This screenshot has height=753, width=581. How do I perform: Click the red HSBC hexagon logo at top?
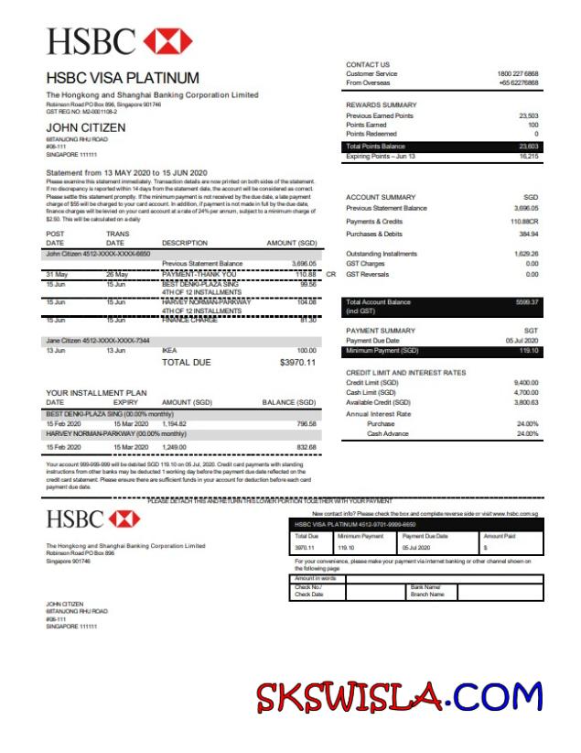pos(167,40)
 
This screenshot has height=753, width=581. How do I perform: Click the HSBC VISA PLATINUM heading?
pos(123,78)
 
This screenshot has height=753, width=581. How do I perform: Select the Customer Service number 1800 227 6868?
pos(518,73)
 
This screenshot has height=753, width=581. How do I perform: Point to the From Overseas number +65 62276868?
pos(519,82)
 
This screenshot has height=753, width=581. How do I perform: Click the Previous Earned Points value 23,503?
pos(528,116)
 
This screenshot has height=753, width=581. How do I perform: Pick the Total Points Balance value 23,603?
pos(528,147)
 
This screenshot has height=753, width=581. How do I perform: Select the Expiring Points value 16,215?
pos(528,157)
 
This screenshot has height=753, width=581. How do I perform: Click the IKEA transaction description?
pos(169,351)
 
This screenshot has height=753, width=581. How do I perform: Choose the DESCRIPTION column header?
pos(185,243)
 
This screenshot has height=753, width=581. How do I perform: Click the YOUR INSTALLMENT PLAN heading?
pos(96,393)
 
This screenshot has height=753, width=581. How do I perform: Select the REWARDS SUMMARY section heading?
pos(381,105)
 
